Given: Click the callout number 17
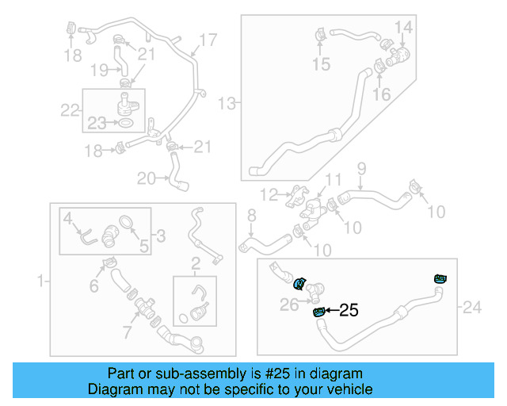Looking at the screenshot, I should (207, 40).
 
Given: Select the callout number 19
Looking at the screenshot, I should (97, 70).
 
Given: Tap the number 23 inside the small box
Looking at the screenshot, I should (97, 123).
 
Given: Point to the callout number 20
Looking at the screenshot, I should (146, 179).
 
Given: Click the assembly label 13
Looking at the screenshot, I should (227, 103).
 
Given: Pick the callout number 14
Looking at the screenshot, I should (403, 29).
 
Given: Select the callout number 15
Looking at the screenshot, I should (321, 63).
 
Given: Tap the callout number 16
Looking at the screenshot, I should (382, 95).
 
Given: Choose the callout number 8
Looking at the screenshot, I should (252, 216).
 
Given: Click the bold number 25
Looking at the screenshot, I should (349, 311).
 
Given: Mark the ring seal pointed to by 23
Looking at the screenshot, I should (124, 124).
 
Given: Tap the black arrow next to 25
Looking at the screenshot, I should (332, 311).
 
